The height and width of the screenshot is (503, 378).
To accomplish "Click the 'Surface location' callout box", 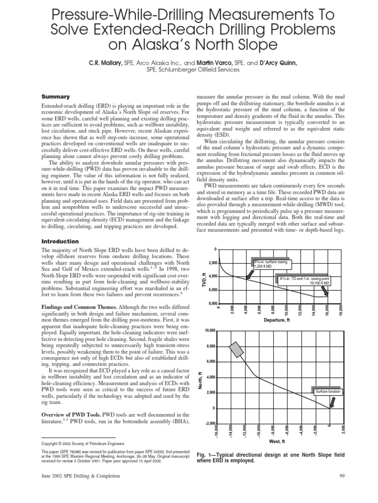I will [x=328, y=391].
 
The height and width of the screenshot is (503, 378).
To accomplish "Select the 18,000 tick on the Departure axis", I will [x=340, y=311].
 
